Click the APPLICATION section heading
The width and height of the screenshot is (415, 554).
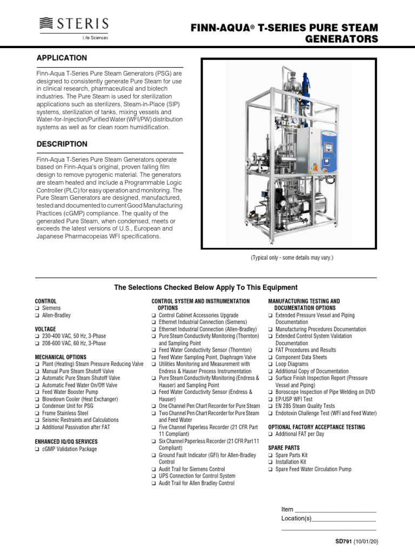61,58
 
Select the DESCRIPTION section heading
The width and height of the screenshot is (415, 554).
62,144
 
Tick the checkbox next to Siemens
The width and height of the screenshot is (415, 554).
37,308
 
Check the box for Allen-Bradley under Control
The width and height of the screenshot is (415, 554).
37,315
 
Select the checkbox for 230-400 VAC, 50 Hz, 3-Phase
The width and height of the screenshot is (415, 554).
37,336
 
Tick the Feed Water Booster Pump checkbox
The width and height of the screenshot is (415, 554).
37,392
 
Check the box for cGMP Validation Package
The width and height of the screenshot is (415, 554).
37,449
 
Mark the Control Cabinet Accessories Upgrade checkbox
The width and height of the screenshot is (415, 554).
154,315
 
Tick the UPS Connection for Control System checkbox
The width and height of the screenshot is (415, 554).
154,476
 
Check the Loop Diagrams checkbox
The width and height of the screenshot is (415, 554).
271,365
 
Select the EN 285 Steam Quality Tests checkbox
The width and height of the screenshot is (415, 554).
271,406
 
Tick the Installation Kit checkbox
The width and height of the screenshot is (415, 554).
271,463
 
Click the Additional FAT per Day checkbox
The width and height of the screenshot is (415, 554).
271,434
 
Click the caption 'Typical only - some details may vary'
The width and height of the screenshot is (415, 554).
291,258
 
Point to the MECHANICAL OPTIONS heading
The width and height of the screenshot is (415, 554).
61,357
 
